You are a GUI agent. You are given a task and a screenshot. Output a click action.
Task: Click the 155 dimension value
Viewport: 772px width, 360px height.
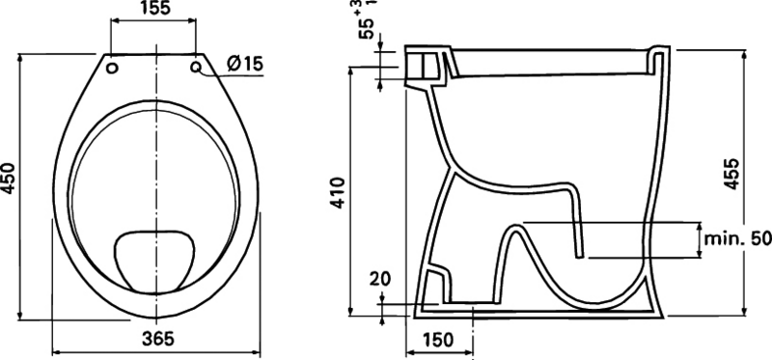(152, 9)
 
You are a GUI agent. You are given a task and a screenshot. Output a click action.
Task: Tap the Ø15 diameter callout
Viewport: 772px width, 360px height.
(246, 64)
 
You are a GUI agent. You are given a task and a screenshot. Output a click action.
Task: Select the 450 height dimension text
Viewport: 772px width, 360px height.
(10, 185)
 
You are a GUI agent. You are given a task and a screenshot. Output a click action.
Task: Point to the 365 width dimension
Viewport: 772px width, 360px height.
(158, 339)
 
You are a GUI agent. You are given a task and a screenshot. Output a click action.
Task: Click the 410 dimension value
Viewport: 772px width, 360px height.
(339, 193)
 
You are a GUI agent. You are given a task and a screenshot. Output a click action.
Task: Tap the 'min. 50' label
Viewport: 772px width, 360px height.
(737, 239)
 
